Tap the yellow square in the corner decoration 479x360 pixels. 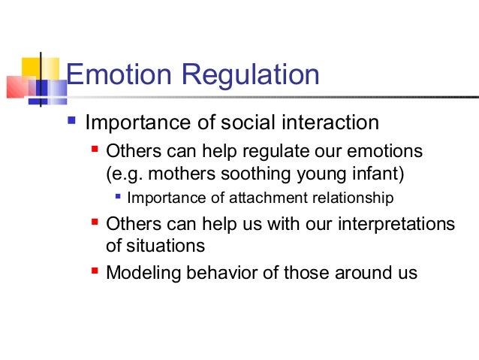pos(30,65)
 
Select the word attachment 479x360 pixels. pos(249,199)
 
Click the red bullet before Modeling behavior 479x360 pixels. pos(94,271)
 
